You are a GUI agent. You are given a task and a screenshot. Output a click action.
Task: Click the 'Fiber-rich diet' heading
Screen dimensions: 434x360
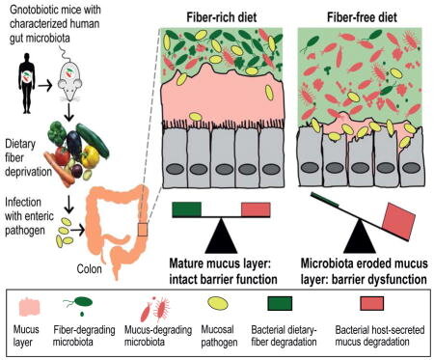pyautogui.click(x=222, y=17)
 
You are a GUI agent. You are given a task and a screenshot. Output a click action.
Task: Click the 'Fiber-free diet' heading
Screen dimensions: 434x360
pyautogui.click(x=362, y=17)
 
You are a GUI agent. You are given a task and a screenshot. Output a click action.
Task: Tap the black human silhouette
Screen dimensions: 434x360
pyautogui.click(x=27, y=83)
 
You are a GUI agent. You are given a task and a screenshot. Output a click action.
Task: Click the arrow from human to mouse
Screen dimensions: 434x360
pyautogui.click(x=45, y=86)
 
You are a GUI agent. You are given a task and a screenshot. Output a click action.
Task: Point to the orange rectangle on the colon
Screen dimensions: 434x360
pyautogui.click(x=143, y=230)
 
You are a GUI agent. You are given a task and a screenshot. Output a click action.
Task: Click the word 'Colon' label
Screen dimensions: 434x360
pyautogui.click(x=89, y=269)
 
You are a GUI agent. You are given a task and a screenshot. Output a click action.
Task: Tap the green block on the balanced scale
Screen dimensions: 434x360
pyautogui.click(x=187, y=209)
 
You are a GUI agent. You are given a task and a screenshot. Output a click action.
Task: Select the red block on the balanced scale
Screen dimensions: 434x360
pyautogui.click(x=256, y=209)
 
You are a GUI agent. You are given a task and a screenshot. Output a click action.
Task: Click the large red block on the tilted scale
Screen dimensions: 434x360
pyautogui.click(x=399, y=221)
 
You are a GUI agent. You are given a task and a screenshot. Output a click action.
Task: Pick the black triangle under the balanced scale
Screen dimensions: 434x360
pyautogui.click(x=221, y=235)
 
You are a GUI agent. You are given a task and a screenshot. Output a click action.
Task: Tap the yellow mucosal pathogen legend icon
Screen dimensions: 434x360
pyautogui.click(x=218, y=304)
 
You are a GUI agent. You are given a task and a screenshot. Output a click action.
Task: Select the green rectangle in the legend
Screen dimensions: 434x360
pyautogui.click(x=280, y=303)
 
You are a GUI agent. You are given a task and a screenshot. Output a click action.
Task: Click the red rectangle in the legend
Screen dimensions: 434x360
pyautogui.click(x=371, y=303)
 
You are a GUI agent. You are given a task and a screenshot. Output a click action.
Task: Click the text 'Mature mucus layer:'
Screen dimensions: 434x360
pyautogui.click(x=221, y=263)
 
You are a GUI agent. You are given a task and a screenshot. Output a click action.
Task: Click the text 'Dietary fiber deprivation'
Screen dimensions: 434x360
pyautogui.click(x=28, y=157)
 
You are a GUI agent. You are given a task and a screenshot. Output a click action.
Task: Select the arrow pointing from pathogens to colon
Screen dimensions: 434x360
pyautogui.click(x=77, y=230)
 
